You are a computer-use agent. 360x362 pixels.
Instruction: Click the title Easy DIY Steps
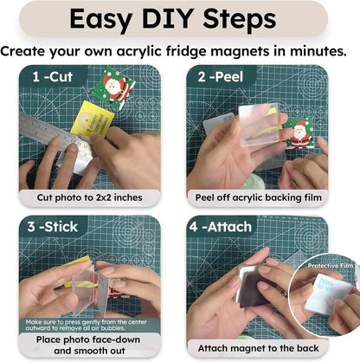180,18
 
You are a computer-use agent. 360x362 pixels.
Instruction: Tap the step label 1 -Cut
53,76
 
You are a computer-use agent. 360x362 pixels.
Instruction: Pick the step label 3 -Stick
55,227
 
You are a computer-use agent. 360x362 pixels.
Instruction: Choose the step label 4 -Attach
229,227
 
